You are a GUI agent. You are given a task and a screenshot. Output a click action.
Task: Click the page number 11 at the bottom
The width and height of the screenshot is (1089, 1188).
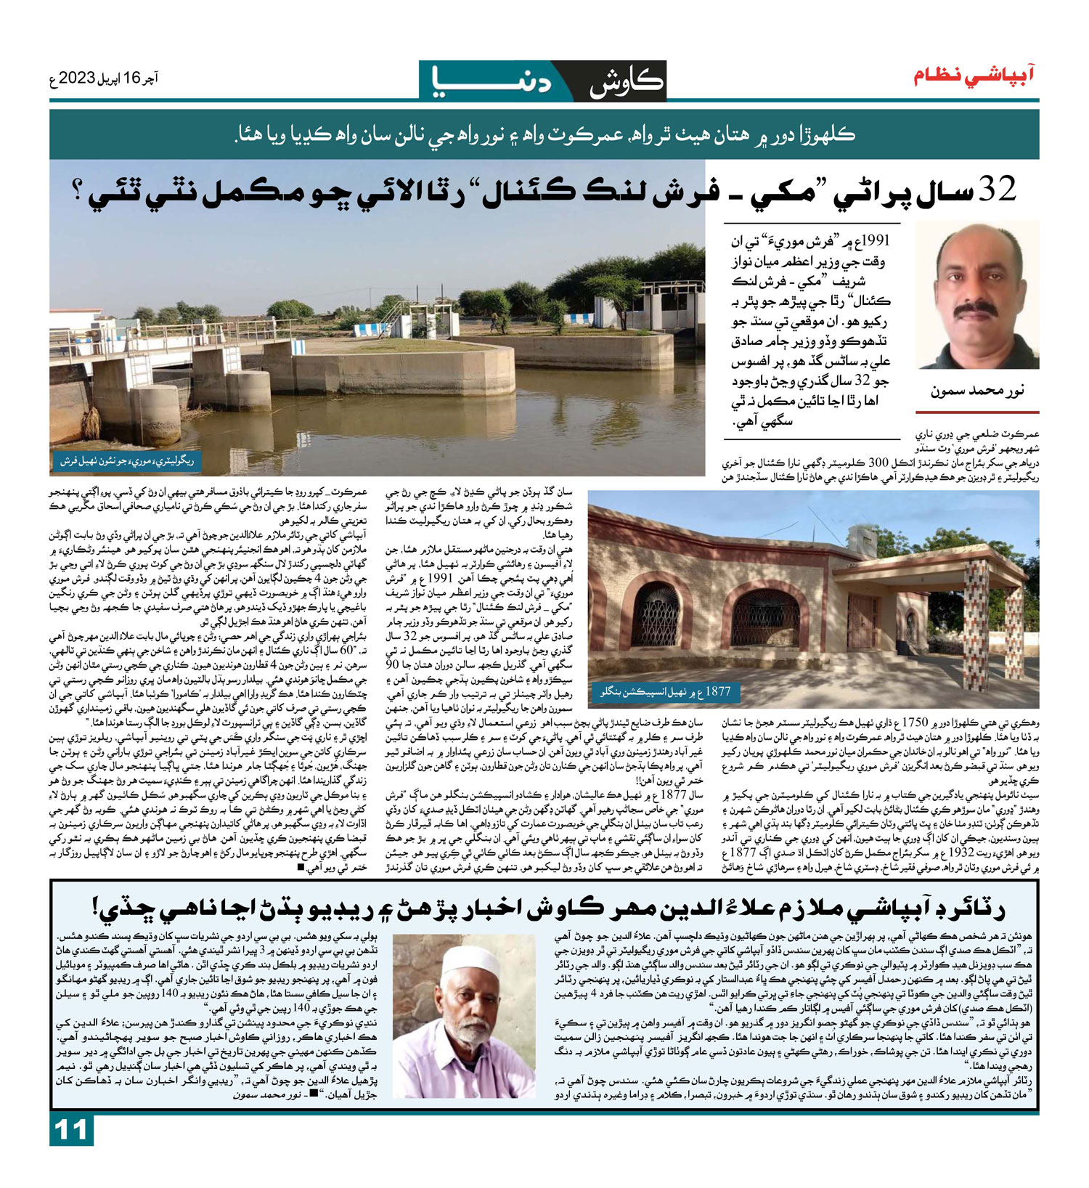pos(71,1131)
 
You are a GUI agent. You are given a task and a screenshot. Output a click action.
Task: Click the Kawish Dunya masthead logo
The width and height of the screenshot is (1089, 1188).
pos(543,81)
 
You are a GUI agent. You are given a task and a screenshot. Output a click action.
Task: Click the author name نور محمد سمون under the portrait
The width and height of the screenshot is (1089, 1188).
pos(976,391)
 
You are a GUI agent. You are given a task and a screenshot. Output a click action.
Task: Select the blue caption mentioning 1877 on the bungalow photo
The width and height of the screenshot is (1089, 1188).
pos(664,691)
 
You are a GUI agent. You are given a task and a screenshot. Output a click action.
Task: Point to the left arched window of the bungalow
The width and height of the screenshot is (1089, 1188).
pos(656,614)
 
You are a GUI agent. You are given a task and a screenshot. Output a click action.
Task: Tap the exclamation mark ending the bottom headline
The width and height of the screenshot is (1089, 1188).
pos(97,907)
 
